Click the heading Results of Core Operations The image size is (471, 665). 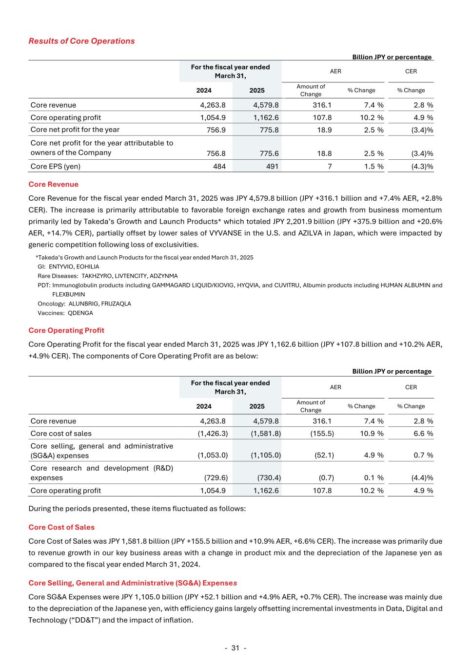point(81,41)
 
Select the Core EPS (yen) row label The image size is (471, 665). point(56,166)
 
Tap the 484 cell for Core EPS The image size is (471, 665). point(219,166)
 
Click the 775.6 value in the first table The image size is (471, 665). point(269,153)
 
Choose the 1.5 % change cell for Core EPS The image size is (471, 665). point(373,166)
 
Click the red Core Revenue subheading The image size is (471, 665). point(53,184)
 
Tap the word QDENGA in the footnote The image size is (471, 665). point(80,313)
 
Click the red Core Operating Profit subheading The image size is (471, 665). point(66,330)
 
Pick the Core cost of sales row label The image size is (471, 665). point(61,434)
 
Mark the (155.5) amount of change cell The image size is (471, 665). point(322,434)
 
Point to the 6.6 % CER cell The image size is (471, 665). point(423,434)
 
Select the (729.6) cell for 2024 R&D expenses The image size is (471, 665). point(213,478)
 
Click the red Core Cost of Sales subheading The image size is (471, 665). point(61,527)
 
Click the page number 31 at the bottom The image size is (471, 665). point(235,648)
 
